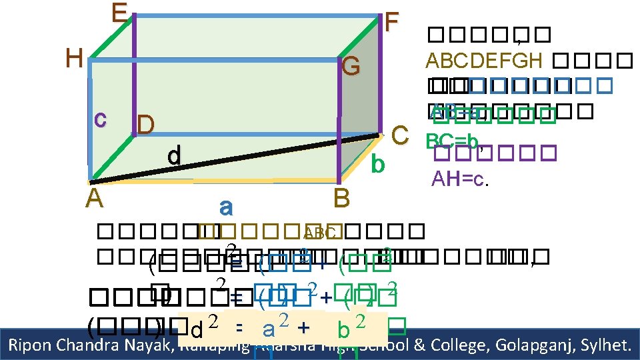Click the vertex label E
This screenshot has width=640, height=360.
pyautogui.click(x=120, y=13)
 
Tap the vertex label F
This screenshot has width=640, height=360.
pyautogui.click(x=392, y=23)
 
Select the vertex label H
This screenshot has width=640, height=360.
pyautogui.click(x=74, y=59)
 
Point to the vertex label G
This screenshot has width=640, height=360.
pyautogui.click(x=351, y=67)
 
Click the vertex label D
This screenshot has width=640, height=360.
pyautogui.click(x=146, y=125)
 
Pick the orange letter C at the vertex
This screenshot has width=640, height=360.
pyautogui.click(x=399, y=133)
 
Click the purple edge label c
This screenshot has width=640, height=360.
pyautogui.click(x=100, y=118)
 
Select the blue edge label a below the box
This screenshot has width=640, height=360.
pyautogui.click(x=225, y=207)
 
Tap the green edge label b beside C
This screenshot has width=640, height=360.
pyautogui.click(x=378, y=163)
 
